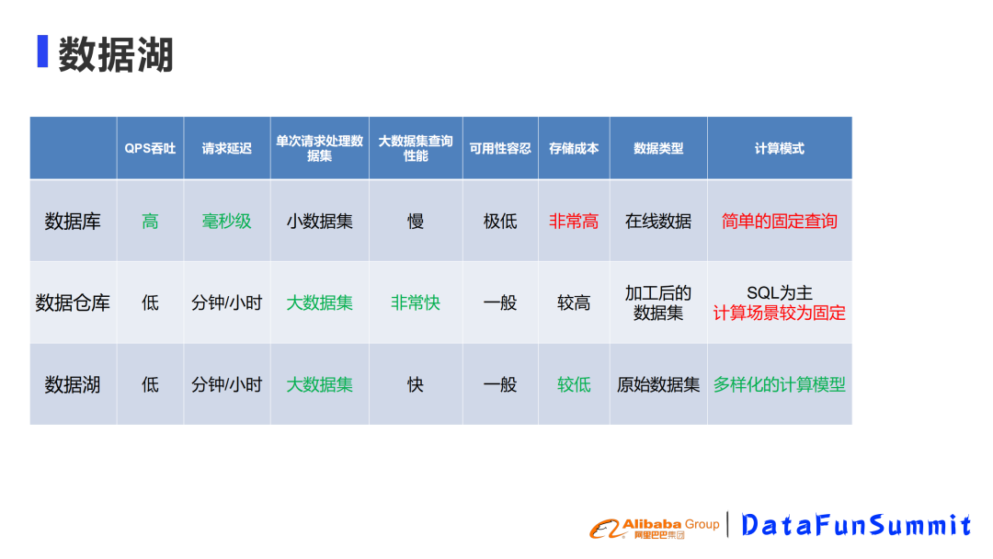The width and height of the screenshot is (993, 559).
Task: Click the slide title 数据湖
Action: pyautogui.click(x=116, y=54)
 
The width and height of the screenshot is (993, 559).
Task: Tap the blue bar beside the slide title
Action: pyautogui.click(x=42, y=51)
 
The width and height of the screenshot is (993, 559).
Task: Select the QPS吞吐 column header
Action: pyautogui.click(x=150, y=149)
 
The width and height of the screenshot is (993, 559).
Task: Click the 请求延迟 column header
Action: pyautogui.click(x=227, y=149)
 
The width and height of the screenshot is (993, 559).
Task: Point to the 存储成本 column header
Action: pyautogui.click(x=574, y=149)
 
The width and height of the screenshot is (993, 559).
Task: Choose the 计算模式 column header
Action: pyautogui.click(x=780, y=149)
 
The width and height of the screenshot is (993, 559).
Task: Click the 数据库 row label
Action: pyautogui.click(x=73, y=222)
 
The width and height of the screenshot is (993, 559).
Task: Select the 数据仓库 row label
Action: pyautogui.click(x=73, y=303)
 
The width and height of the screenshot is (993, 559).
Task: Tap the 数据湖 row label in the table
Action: pyautogui.click(x=73, y=385)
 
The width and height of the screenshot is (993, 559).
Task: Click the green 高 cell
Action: pyautogui.click(x=150, y=222)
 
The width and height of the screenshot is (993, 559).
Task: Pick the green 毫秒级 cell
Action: pyautogui.click(x=227, y=222)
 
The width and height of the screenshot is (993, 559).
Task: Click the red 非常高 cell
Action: pyautogui.click(x=574, y=222)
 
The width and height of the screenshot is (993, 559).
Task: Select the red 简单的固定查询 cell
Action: pyautogui.click(x=780, y=222)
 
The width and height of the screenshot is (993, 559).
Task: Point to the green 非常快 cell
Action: pyautogui.click(x=416, y=303)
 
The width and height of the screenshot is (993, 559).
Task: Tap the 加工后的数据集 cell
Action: pyautogui.click(x=658, y=303)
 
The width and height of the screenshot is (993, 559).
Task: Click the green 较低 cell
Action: pyautogui.click(x=574, y=385)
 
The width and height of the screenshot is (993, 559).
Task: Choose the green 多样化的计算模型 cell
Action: pyautogui.click(x=780, y=385)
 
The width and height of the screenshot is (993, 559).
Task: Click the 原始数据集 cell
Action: pyautogui.click(x=658, y=385)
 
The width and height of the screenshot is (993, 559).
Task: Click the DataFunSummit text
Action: pyautogui.click(x=856, y=525)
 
